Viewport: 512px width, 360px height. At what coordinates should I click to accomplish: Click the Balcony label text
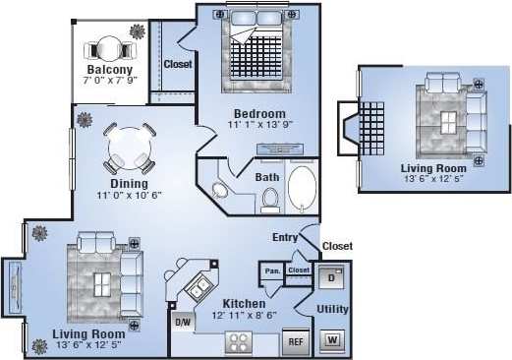[x=110, y=70]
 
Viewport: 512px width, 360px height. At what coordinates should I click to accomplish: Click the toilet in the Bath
[x=269, y=200]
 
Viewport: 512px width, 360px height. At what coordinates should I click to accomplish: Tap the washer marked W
[x=331, y=341]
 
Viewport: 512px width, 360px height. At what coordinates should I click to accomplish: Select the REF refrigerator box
[x=294, y=343]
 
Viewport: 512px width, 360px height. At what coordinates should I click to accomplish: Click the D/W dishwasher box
[x=182, y=322]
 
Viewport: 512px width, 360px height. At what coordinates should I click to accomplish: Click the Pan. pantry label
[x=271, y=270]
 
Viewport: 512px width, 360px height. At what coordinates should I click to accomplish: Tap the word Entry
[x=285, y=237]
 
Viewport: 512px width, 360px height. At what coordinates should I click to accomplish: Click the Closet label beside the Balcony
[x=177, y=65]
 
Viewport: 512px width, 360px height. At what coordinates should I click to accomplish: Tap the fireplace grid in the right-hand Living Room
[x=373, y=128]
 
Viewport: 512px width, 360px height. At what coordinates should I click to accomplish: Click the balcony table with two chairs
[x=108, y=49]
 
